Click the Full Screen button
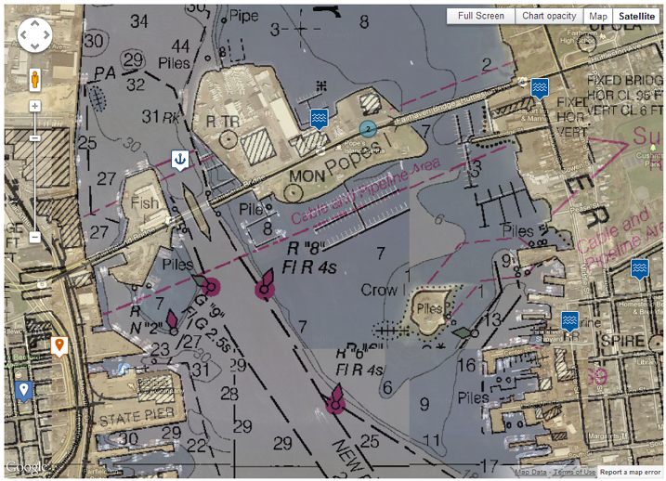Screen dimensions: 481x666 click(x=480, y=16)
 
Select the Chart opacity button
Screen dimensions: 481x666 click(x=548, y=16)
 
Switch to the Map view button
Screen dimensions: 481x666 click(x=598, y=16)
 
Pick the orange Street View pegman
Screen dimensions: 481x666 click(x=35, y=79)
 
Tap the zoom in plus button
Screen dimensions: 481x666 click(x=35, y=106)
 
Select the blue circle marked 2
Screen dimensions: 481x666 click(x=369, y=129)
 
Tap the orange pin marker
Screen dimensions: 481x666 click(x=59, y=345)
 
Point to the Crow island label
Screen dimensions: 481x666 click(x=379, y=289)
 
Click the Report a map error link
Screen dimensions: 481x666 click(x=631, y=473)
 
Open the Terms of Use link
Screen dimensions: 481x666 click(x=575, y=473)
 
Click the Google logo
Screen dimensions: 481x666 click(x=25, y=467)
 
